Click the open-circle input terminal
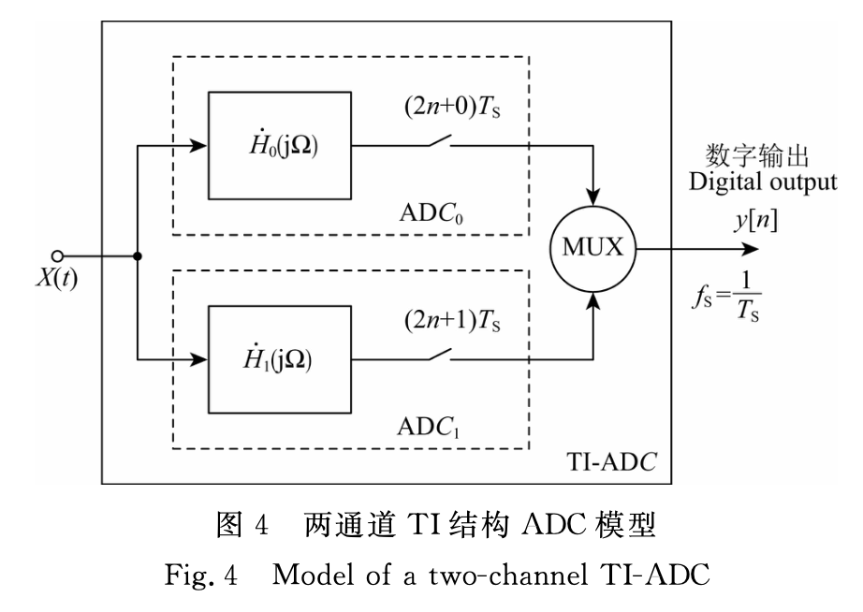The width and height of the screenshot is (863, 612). pos(56,254)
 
